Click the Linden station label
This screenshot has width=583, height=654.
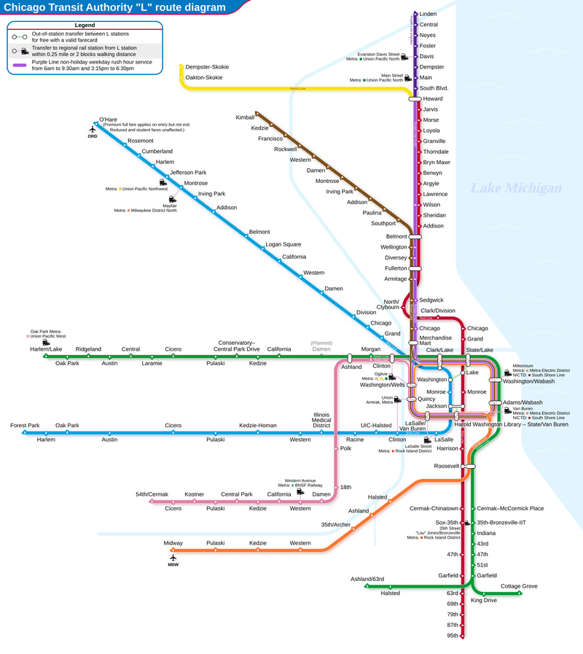(428, 14)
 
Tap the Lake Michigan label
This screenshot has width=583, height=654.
(515, 189)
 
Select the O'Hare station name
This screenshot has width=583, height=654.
(108, 120)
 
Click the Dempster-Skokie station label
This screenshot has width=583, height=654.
(207, 67)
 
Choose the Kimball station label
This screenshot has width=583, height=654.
(245, 117)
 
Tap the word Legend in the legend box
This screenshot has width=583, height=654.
(85, 26)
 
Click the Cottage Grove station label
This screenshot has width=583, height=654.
(519, 586)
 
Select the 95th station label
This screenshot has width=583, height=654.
(453, 636)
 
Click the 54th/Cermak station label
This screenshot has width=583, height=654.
(152, 494)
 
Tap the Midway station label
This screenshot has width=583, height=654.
(173, 543)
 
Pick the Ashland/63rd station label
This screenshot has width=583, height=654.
(367, 579)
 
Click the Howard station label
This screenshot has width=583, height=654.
(433, 98)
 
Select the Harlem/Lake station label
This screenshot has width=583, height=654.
(45, 349)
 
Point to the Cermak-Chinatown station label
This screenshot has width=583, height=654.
(434, 508)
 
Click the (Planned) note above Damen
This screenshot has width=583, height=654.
(321, 343)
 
